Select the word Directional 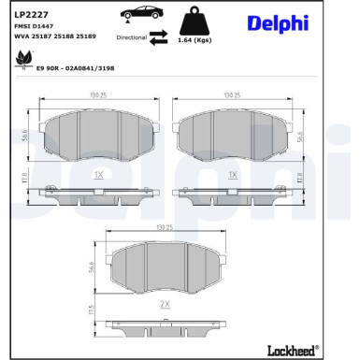pos(132,38)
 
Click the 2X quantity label pos(166,305)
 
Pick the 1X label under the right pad pos(234,175)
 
